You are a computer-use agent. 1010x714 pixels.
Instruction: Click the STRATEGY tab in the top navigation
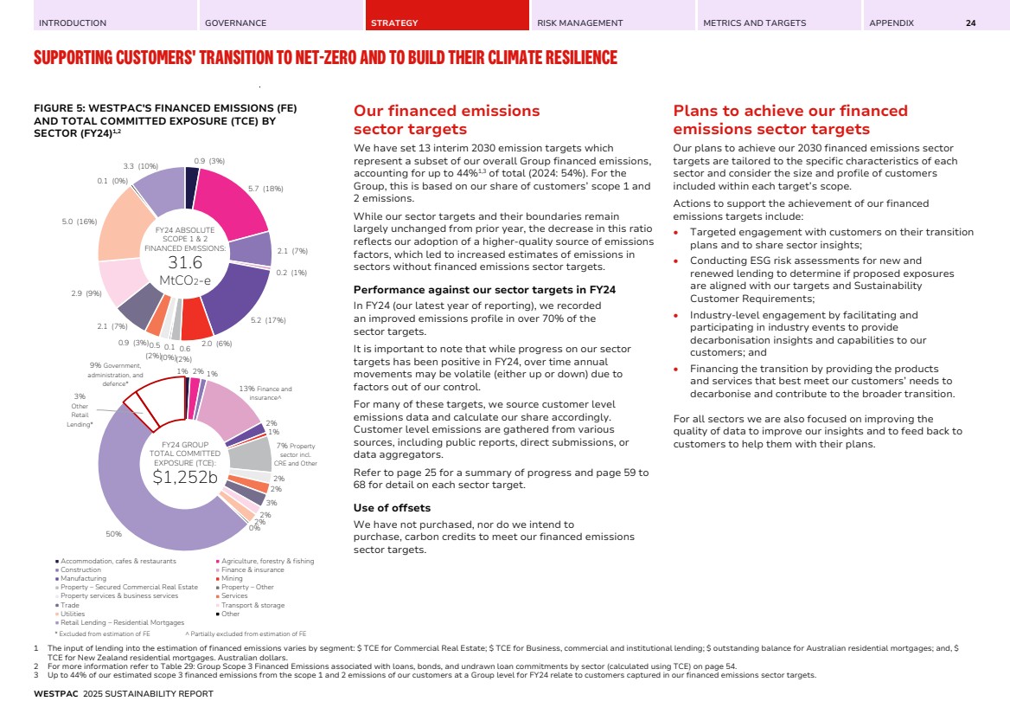(x=394, y=23)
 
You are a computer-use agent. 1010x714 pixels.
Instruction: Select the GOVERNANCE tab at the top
(x=235, y=23)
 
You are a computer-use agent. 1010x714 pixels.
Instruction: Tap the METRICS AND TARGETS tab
(x=754, y=23)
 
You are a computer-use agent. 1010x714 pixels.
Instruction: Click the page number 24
(x=970, y=23)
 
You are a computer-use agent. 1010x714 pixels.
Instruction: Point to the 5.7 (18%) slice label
(x=265, y=188)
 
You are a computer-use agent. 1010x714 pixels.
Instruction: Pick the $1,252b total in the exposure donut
(x=184, y=477)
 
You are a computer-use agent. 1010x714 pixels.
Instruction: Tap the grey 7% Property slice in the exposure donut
(x=251, y=452)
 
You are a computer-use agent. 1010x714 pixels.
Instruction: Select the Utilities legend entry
(x=73, y=614)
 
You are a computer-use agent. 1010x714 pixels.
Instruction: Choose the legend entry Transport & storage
(x=252, y=605)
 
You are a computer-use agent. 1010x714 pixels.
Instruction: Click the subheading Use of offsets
(x=392, y=507)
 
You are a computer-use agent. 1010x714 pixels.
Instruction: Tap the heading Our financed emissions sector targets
(x=446, y=119)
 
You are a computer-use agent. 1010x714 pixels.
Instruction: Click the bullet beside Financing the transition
(x=677, y=368)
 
